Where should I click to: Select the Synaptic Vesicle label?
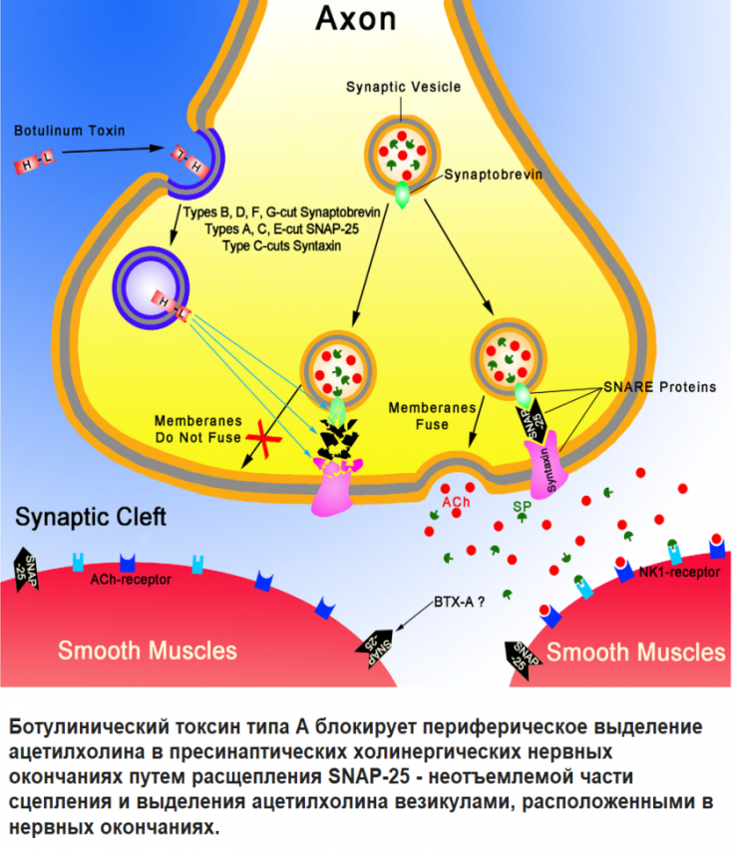tap(403, 88)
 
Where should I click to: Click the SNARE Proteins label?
tap(660, 387)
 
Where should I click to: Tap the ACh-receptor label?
tap(131, 579)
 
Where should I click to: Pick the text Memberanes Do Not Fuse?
tap(193, 428)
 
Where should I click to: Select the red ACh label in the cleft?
tap(456, 502)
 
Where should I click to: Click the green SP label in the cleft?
tap(521, 507)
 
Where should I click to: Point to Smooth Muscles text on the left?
tap(148, 650)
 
